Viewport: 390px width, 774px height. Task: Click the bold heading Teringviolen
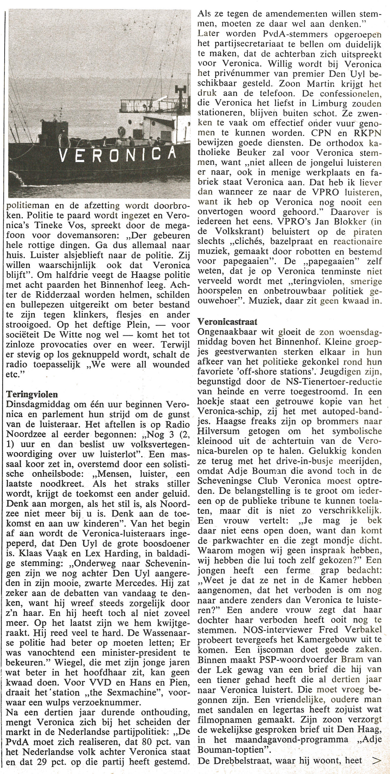(32, 394)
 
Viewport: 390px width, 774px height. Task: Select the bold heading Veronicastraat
(227, 322)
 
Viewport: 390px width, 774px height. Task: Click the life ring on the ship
(121, 131)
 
